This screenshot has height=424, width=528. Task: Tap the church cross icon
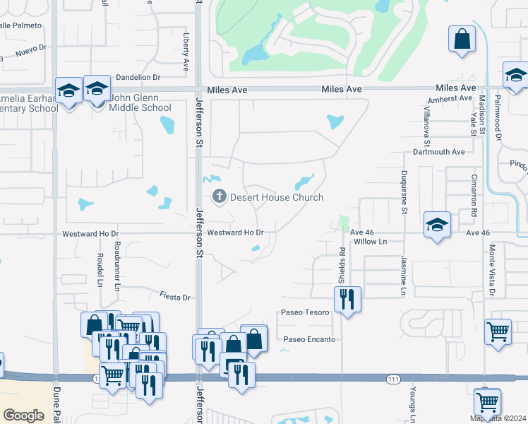click(219, 197)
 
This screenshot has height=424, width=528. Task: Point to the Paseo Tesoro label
click(305, 312)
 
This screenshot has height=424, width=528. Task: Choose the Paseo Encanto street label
click(308, 339)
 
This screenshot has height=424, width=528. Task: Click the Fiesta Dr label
click(176, 298)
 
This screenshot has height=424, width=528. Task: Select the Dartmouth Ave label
click(439, 152)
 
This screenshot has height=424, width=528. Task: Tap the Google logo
click(24, 415)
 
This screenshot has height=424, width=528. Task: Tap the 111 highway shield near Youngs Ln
click(394, 379)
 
